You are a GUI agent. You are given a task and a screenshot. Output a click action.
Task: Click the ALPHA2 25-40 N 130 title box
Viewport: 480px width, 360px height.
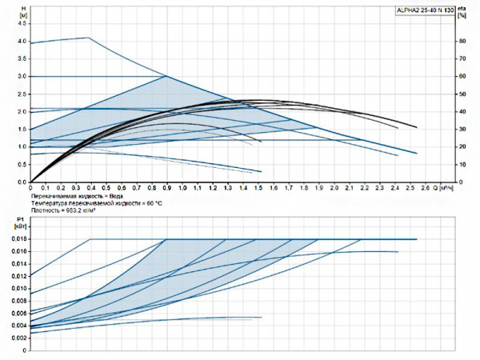pyautogui.click(x=426, y=10)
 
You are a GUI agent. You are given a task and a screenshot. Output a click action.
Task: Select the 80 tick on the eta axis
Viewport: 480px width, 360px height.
pyautogui.click(x=463, y=42)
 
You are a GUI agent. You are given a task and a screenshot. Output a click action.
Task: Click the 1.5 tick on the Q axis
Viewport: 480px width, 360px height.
pyautogui.click(x=258, y=188)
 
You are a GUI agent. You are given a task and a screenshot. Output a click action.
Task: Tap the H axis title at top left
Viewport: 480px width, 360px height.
pyautogui.click(x=22, y=11)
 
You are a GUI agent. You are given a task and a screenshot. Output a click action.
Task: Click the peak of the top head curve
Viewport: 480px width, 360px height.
pyautogui.click(x=88, y=38)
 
